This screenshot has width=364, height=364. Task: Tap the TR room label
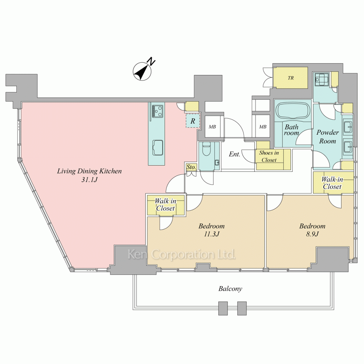tap(290, 78)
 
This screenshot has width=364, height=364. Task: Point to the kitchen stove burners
tap(157, 111)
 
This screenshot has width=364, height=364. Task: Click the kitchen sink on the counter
tap(158, 148)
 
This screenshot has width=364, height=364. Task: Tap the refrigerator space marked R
tap(193, 121)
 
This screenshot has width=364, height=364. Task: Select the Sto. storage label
tap(191, 167)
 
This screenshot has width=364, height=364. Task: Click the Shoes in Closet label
tap(269, 156)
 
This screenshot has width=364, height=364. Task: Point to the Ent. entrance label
tap(234, 154)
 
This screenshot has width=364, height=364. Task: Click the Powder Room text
tap(328, 137)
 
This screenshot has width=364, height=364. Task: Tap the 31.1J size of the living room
tap(89, 179)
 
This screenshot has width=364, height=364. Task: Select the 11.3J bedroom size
tap(211, 234)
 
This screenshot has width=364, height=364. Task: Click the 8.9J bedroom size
tap(312, 234)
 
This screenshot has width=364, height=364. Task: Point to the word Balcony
tap(230, 289)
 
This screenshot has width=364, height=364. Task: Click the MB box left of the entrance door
tap(213, 127)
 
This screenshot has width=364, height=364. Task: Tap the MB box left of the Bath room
tap(263, 127)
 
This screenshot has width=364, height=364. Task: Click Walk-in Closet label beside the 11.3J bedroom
tap(165, 205)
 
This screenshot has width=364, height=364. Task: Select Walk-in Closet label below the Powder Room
tap(332, 183)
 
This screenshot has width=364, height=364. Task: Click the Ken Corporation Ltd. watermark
tap(182, 254)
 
